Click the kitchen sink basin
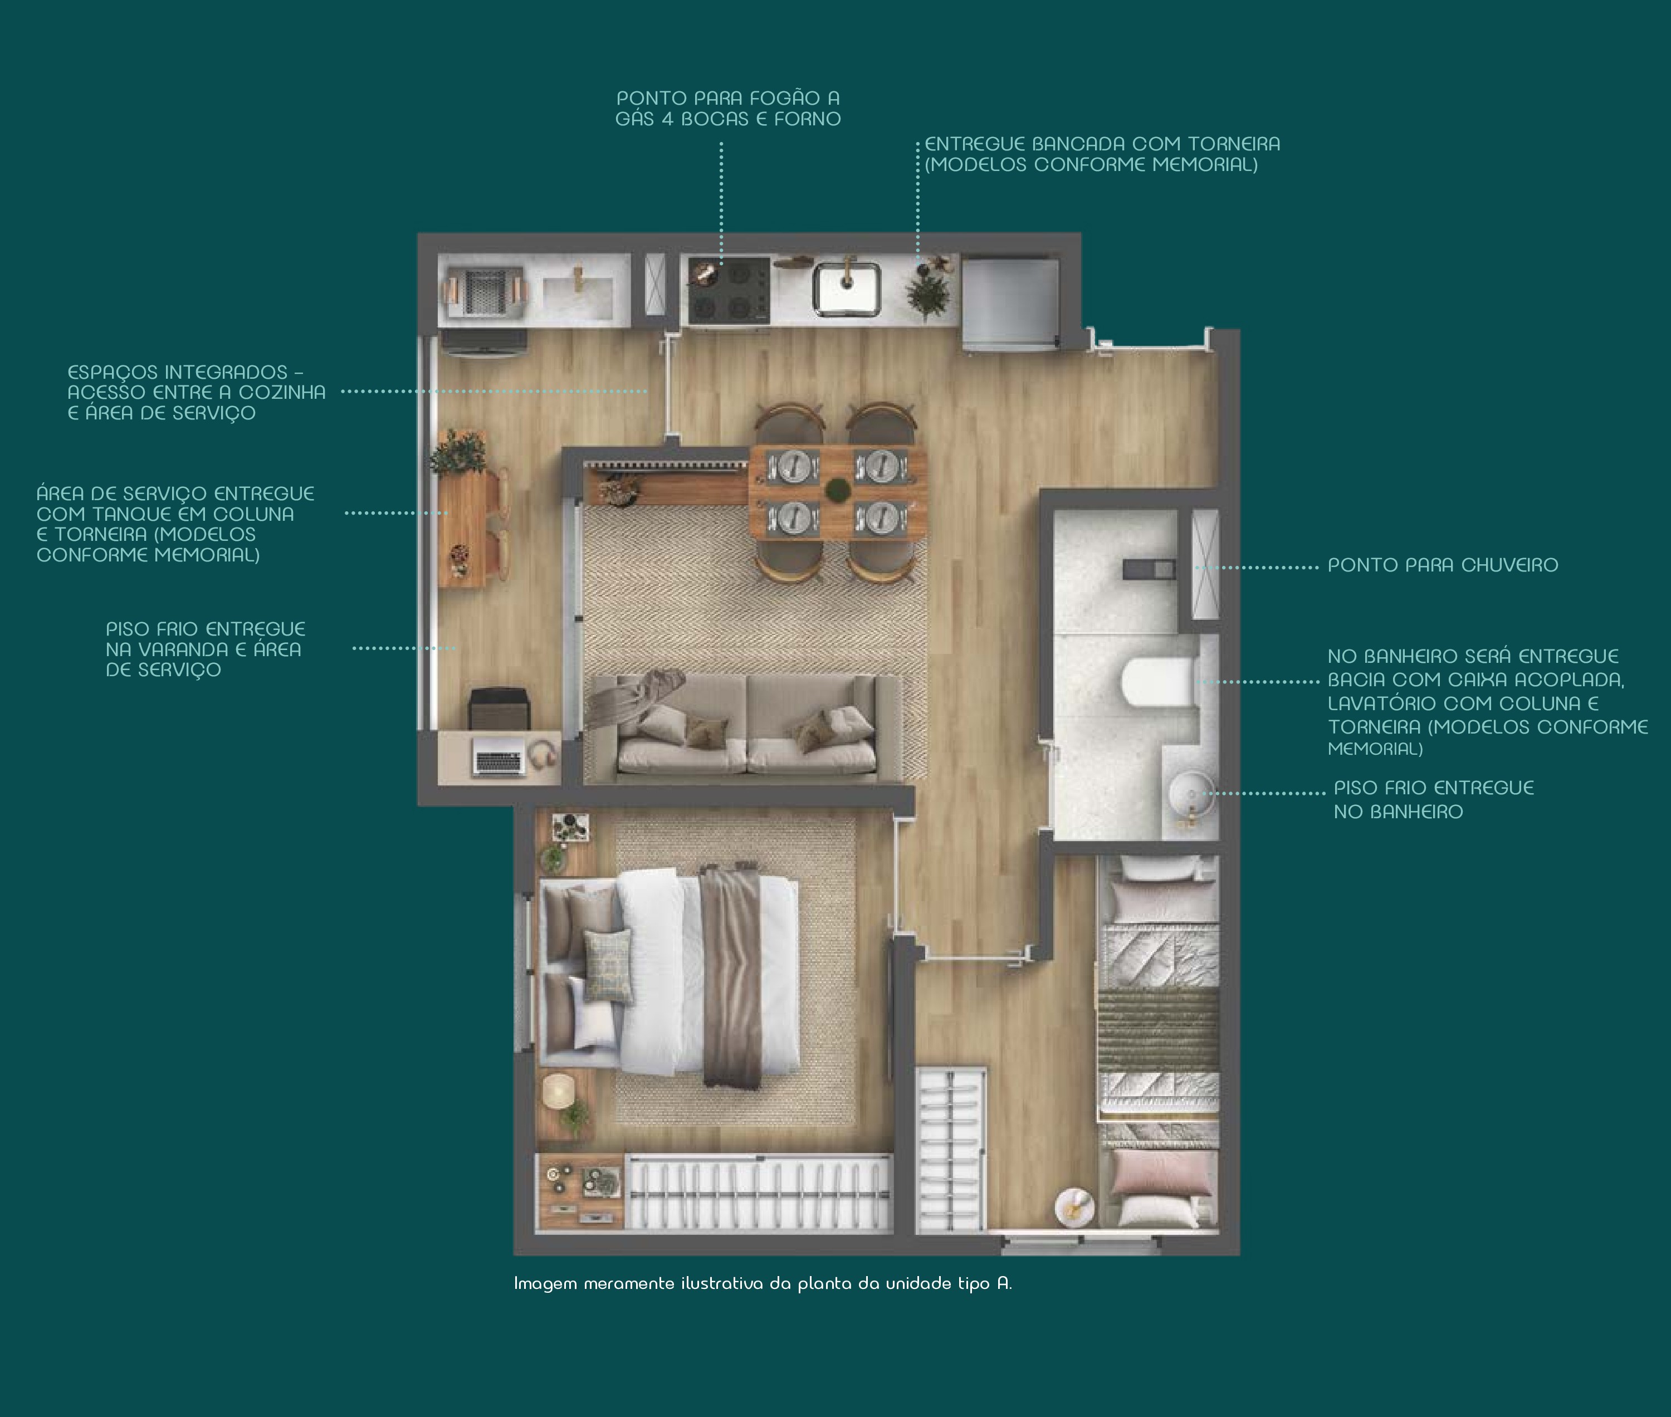tap(847, 289)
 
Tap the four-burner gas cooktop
tap(728, 290)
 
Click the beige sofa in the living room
tap(747, 727)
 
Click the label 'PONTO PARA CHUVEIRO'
tap(1443, 565)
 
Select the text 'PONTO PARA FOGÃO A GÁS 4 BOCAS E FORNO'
tap(728, 109)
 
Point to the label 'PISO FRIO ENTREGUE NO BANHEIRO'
tap(1434, 799)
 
